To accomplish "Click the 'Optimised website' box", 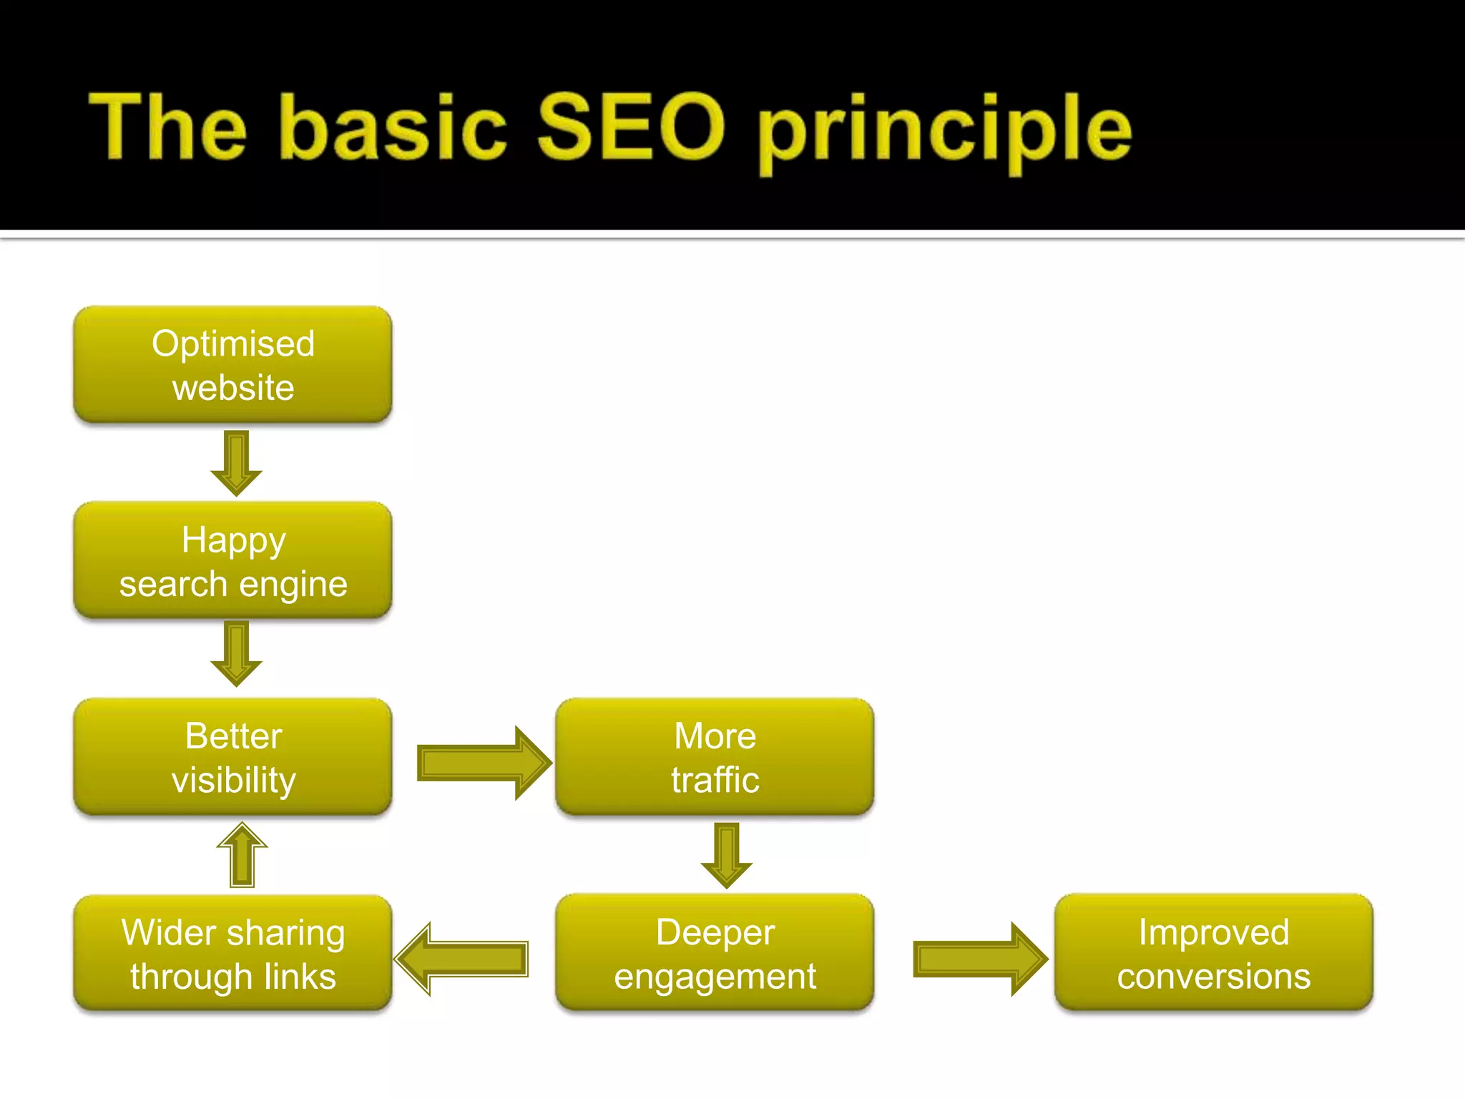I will click(232, 365).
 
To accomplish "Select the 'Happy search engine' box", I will click(232, 561).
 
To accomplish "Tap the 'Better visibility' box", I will click(232, 757).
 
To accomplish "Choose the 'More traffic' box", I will click(715, 757).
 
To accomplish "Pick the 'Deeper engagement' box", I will click(715, 953).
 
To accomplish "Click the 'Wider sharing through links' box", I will click(232, 953).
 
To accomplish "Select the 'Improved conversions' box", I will click(1213, 953).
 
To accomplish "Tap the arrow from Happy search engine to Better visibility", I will click(236, 653).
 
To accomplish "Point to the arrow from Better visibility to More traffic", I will click(484, 763).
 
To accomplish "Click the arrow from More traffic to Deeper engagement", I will click(727, 854).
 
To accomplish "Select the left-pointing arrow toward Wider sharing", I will click(462, 959).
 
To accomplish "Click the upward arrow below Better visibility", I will click(242, 856).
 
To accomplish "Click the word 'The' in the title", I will click(168, 127).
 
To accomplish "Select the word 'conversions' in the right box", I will click(1213, 976).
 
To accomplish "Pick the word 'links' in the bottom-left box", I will click(299, 976).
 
